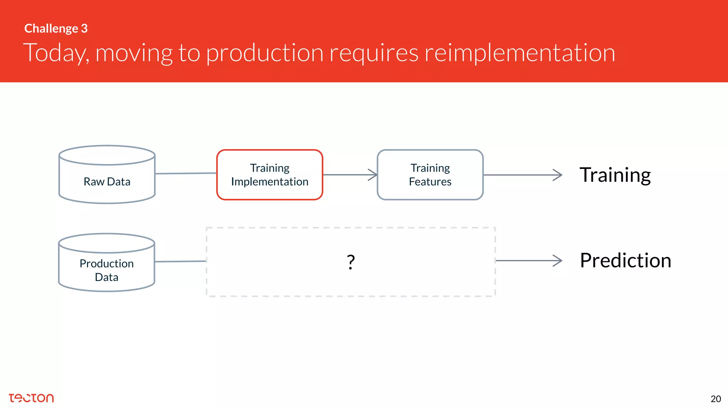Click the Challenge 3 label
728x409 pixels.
[56, 28]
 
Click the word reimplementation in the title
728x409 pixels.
[520, 53]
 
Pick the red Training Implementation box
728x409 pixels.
[269, 175]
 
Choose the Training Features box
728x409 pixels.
[430, 175]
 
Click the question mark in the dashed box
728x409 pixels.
[350, 262]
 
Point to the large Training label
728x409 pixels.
[615, 175]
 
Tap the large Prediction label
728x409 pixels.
[625, 260]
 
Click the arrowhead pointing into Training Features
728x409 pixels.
[373, 175]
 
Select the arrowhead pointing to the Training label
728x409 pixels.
[558, 175]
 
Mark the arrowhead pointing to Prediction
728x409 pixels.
[558, 261]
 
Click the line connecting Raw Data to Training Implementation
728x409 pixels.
[186, 173]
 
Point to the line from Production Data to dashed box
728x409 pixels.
[180, 261]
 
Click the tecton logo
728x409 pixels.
[31, 398]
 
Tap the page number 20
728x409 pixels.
[716, 399]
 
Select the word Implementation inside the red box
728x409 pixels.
[269, 182]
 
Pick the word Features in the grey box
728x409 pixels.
[430, 182]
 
